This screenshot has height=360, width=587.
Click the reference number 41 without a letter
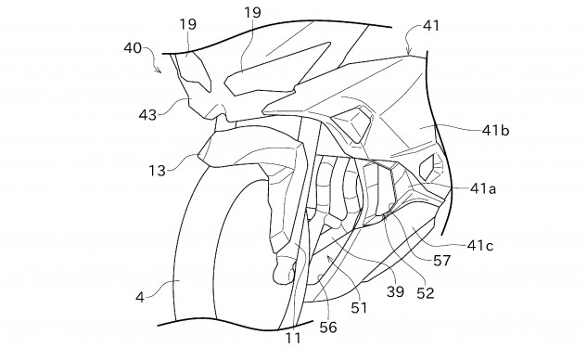pyautogui.click(x=431, y=30)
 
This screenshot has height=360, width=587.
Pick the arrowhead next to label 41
pyautogui.click(x=410, y=44)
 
